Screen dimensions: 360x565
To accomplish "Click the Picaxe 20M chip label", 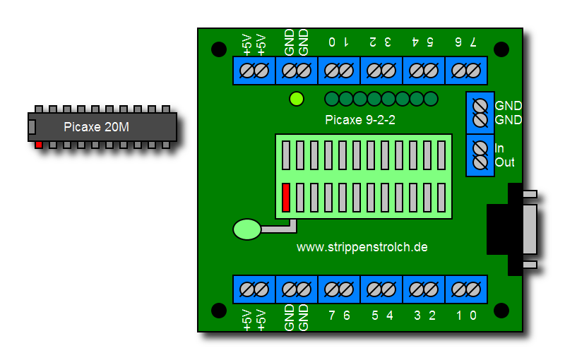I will point(97,127).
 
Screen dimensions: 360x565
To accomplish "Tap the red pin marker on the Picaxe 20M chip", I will point(39,145).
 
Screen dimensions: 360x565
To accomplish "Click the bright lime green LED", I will point(297,99).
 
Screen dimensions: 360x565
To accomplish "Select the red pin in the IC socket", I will point(286,197).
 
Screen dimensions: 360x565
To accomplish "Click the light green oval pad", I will point(246,229).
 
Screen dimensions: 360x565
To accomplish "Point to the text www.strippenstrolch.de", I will point(362,247).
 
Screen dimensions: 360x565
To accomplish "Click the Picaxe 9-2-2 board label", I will point(360,120).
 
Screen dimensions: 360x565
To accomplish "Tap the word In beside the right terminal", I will point(499,148).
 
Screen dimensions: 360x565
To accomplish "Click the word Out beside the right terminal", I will point(504,162).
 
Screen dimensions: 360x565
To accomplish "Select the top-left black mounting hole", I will point(219,49).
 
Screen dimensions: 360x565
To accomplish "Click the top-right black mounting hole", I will point(501,49).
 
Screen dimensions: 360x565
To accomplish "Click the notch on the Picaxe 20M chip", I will point(32,127).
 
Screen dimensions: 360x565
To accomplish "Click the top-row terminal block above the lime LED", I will point(297,71).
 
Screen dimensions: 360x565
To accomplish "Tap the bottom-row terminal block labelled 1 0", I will point(466,289).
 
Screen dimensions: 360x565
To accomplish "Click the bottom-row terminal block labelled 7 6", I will point(339,289).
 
